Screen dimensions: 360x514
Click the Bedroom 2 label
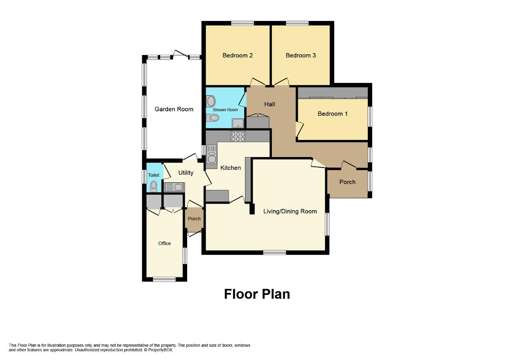pyautogui.click(x=237, y=55)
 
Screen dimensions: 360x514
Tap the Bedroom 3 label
pyautogui.click(x=300, y=55)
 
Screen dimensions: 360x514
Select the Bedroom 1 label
pyautogui.click(x=332, y=114)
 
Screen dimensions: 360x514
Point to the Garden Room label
pyautogui.click(x=174, y=109)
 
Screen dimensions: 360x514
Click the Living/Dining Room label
pyautogui.click(x=290, y=211)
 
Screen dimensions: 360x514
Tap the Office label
pyautogui.click(x=164, y=243)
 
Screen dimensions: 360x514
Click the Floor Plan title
pyautogui.click(x=257, y=294)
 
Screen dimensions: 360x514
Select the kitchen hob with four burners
pyautogui.click(x=238, y=137)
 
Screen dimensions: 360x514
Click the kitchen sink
pyautogui.click(x=212, y=154)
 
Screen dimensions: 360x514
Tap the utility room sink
pyautogui.click(x=174, y=187)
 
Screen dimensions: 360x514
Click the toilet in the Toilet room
pyautogui.click(x=153, y=186)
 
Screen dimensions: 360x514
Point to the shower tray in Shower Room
pyautogui.click(x=238, y=123)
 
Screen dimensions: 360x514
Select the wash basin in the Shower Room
pyautogui.click(x=210, y=101)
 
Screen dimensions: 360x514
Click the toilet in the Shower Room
pyautogui.click(x=212, y=118)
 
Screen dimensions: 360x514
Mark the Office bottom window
pyautogui.click(x=164, y=279)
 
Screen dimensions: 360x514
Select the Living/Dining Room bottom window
pyautogui.click(x=275, y=252)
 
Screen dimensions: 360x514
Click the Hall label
pyautogui.click(x=269, y=104)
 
